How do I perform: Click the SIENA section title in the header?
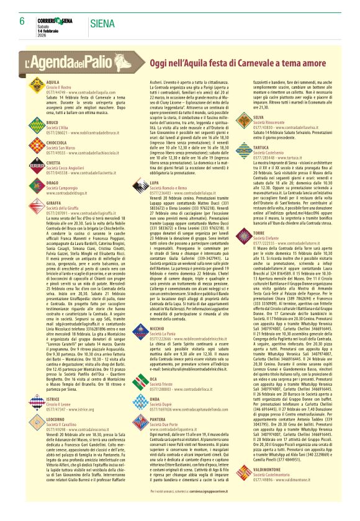click(101, 24)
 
